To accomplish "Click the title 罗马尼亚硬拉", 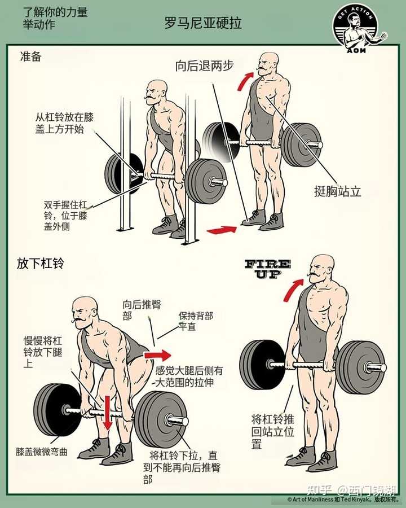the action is click(x=203, y=23).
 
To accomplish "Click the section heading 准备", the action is click(x=31, y=56).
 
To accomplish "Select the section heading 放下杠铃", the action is click(x=41, y=264).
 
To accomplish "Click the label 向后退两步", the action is click(x=204, y=66).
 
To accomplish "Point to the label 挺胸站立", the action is click(x=337, y=191).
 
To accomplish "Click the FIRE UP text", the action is click(x=268, y=269).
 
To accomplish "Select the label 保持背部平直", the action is click(x=196, y=321).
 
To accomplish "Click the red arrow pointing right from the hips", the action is click(x=157, y=355).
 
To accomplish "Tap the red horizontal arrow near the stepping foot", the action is click(x=222, y=230).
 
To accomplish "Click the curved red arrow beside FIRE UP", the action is click(x=293, y=290).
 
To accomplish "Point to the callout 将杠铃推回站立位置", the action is click(x=273, y=431).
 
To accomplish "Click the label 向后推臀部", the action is click(x=142, y=310).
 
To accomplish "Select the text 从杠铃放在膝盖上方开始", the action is click(x=64, y=123).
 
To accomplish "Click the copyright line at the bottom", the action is click(x=343, y=500).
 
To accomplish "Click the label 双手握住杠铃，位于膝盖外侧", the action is click(x=65, y=216).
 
